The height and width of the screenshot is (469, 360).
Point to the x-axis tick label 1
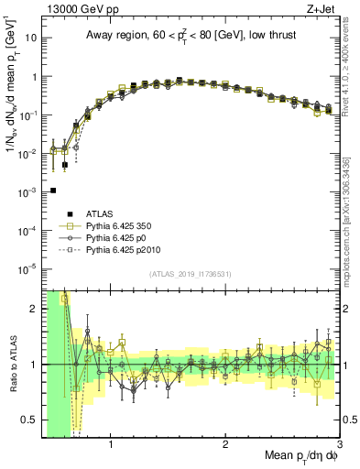tap(111, 445)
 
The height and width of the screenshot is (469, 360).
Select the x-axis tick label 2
tap(225, 445)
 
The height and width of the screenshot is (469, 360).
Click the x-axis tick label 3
tap(338, 445)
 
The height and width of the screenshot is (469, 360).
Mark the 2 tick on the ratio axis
tap(34, 309)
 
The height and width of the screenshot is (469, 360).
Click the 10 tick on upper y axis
tap(32, 39)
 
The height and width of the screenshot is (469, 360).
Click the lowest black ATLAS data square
tap(53, 191)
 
